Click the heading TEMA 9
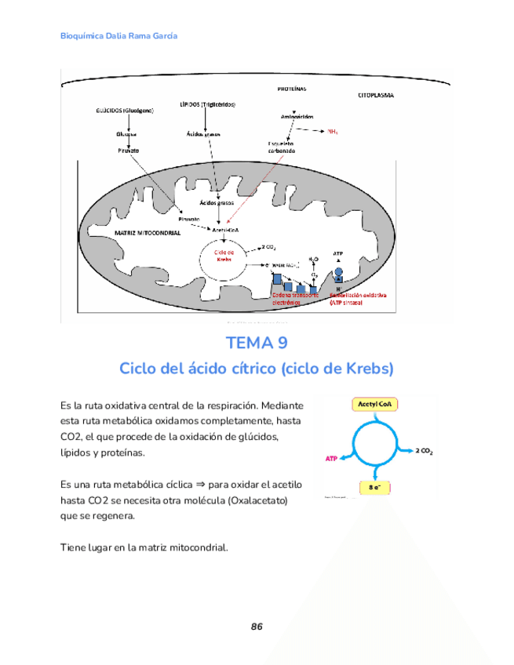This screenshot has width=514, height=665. point(256,343)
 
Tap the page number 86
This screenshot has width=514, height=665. point(257,627)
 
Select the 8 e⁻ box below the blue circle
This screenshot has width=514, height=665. point(375,488)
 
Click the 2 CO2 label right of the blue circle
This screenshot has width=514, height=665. point(425,451)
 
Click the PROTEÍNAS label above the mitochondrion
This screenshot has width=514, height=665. point(291,88)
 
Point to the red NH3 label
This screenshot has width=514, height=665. point(332,132)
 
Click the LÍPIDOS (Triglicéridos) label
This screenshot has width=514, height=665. point(207,104)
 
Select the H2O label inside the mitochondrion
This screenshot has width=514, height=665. point(313,257)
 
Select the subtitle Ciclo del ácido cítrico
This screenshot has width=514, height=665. point(256,368)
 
